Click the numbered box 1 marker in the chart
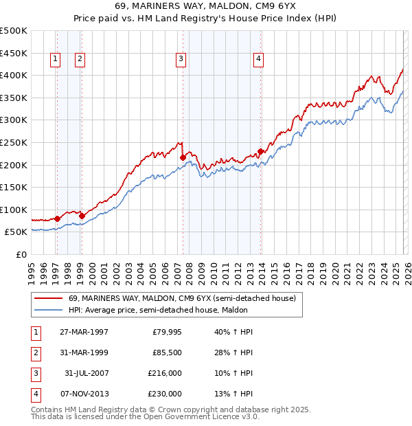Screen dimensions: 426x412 pyautogui.click(x=55, y=60)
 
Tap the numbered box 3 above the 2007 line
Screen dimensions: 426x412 pyautogui.click(x=181, y=60)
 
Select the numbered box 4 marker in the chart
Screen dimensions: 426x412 pyautogui.click(x=258, y=60)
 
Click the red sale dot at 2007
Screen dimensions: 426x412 pyautogui.click(x=183, y=157)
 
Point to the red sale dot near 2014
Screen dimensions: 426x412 pyautogui.click(x=260, y=152)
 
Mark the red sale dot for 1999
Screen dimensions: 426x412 pyautogui.click(x=82, y=216)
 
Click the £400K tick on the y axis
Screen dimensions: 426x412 pyautogui.click(x=14, y=75)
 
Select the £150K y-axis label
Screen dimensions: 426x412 pyautogui.click(x=14, y=187)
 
